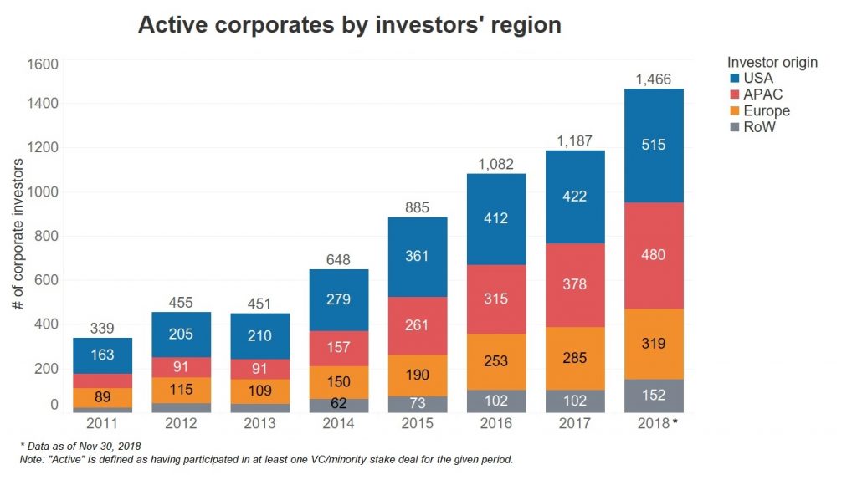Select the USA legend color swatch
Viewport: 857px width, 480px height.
point(734,78)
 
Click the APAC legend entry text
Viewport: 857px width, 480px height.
point(762,94)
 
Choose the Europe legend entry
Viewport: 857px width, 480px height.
point(766,110)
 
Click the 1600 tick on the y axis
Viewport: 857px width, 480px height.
point(43,64)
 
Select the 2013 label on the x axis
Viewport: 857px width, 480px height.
point(259,423)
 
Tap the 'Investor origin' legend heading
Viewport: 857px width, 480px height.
point(772,62)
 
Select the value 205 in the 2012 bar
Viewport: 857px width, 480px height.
point(181,334)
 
